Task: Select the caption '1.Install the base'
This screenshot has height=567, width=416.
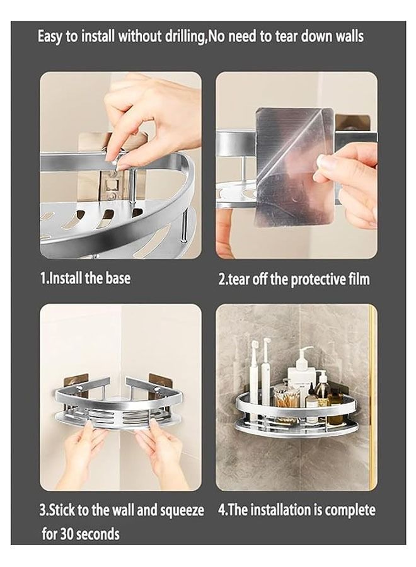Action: (85, 278)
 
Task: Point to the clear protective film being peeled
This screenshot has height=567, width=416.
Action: (286, 166)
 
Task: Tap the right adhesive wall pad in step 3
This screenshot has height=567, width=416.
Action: (159, 382)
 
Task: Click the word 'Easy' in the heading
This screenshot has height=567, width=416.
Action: (50, 37)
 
